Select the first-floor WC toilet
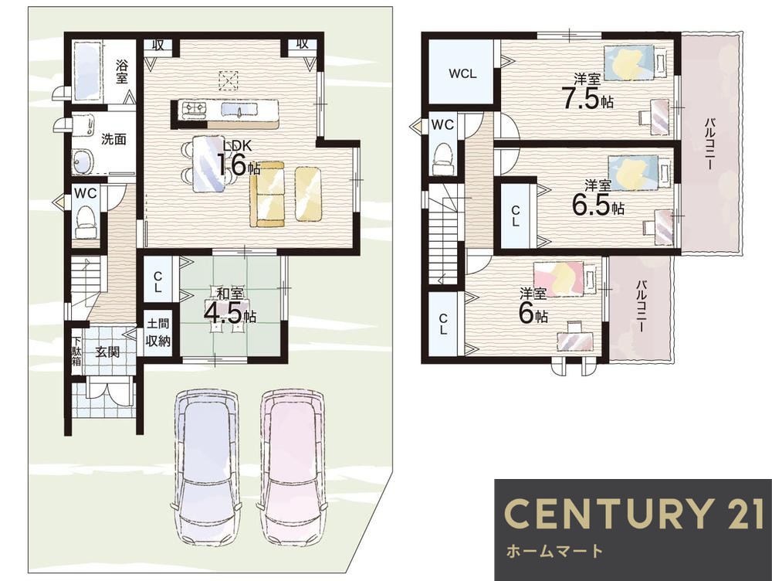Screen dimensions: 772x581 pos(86,222)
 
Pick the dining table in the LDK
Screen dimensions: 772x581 pos(209,163)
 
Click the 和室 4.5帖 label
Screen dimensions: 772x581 pos(229,307)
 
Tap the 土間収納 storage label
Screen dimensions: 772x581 pos(158,332)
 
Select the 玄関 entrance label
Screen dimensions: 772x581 pos(107,352)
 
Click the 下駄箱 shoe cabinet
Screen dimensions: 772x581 pos(76,351)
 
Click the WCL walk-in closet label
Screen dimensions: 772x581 pos(462,74)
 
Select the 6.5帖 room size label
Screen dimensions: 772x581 pos(598,199)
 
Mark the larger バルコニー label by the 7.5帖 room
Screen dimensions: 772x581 pos(709,144)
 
